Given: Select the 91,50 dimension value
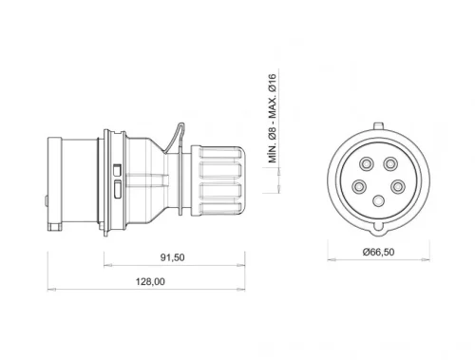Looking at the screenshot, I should [x=172, y=256].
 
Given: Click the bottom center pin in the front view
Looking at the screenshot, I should [x=377, y=200].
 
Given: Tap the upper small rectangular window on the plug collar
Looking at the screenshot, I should [x=116, y=170].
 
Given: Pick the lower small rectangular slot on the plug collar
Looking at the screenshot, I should [x=116, y=188].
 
